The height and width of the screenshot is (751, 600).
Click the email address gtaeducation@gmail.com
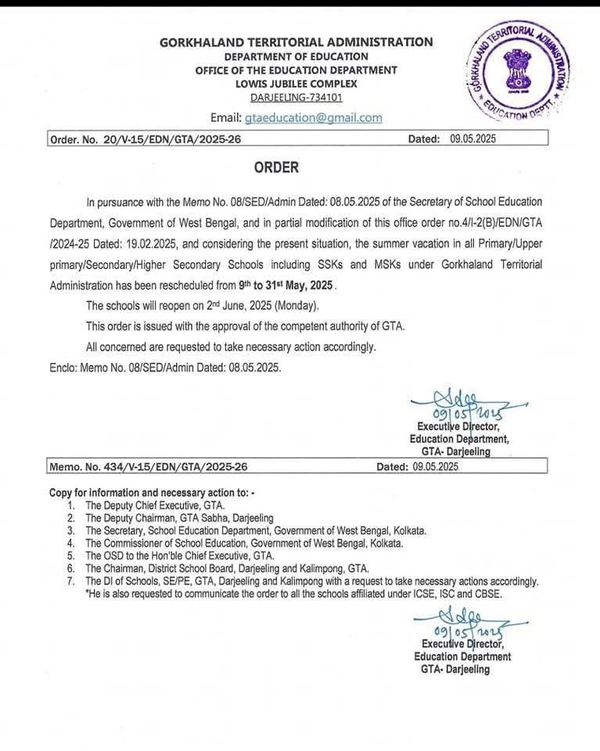tap(313, 118)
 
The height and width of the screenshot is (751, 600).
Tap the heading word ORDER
tap(276, 167)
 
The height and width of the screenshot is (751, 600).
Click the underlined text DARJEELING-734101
tap(296, 97)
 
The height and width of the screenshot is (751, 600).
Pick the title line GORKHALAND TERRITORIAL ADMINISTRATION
tap(296, 42)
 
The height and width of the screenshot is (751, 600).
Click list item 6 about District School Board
tap(227, 568)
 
